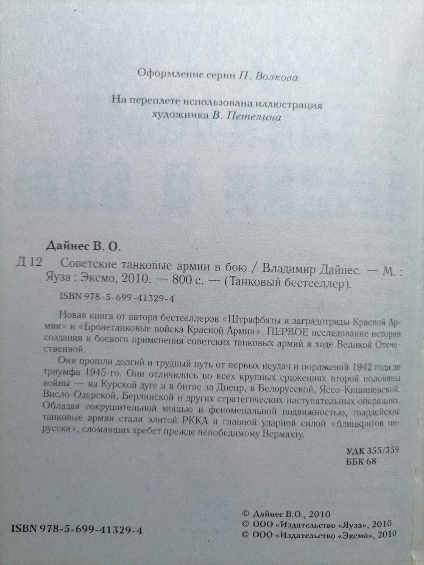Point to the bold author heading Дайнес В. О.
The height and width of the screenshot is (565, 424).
[x=82, y=245]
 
